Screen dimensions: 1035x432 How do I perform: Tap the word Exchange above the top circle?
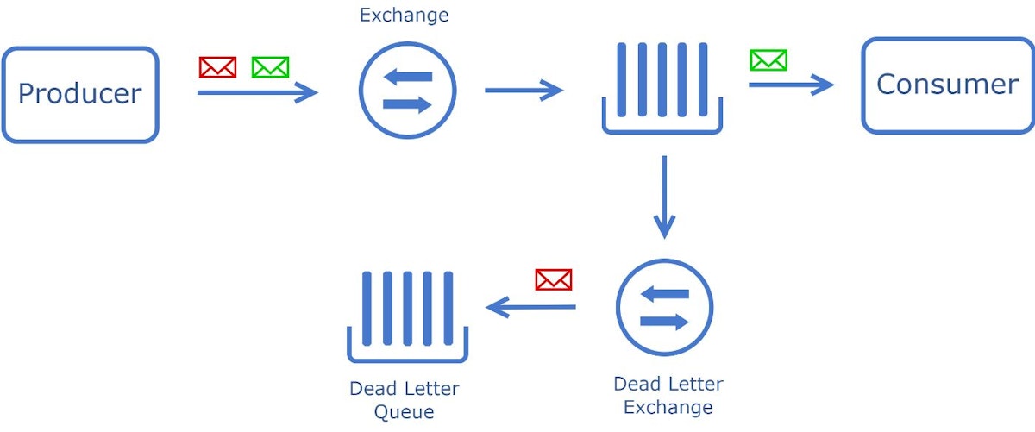(405, 16)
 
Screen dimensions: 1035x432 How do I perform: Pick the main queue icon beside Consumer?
(662, 88)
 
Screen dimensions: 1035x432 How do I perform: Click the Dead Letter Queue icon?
(407, 316)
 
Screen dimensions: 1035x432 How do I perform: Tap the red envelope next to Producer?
(217, 67)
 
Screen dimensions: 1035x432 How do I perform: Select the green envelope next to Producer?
(270, 67)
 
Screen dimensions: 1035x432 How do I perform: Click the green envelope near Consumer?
(768, 60)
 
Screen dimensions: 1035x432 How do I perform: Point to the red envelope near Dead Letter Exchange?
(554, 279)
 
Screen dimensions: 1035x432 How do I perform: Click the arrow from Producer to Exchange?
(257, 92)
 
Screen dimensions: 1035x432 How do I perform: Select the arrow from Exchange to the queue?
(524, 90)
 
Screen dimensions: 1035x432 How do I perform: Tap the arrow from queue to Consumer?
(792, 85)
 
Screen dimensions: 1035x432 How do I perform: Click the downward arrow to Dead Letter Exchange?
(664, 197)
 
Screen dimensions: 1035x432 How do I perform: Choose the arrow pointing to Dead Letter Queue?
(530, 307)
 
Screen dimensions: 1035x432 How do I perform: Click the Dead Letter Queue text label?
(405, 400)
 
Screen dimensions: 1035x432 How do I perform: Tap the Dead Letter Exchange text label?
(668, 396)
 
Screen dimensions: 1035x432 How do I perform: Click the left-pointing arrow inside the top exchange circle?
(407, 76)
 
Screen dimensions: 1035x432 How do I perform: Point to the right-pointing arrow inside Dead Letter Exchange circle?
(664, 322)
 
